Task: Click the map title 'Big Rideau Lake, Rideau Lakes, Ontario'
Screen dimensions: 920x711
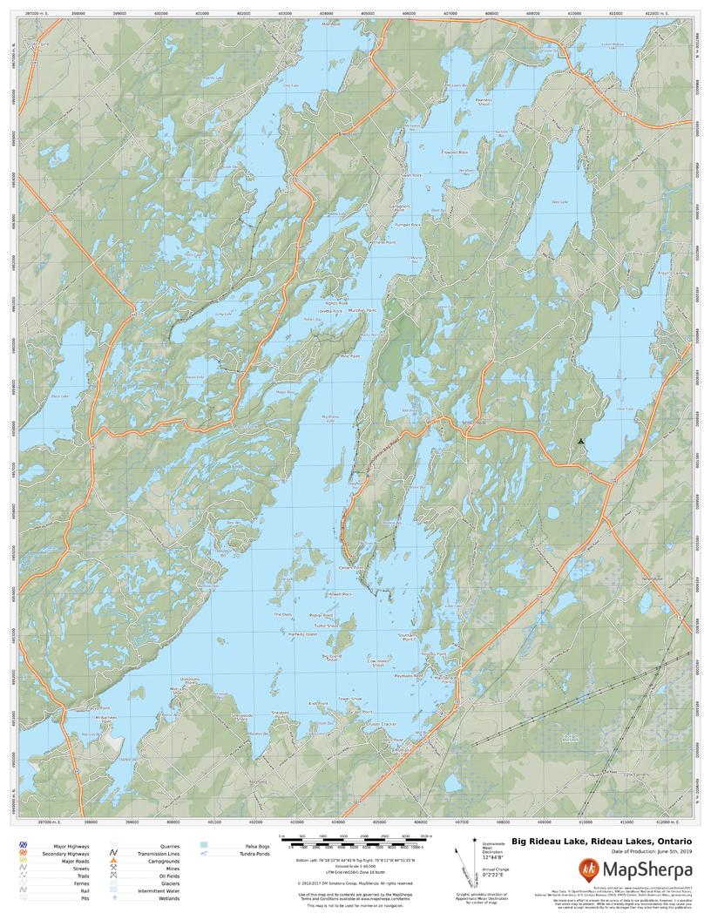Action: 601,841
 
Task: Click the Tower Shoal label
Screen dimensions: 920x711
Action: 349,698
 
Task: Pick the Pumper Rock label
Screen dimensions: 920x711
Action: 407,224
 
